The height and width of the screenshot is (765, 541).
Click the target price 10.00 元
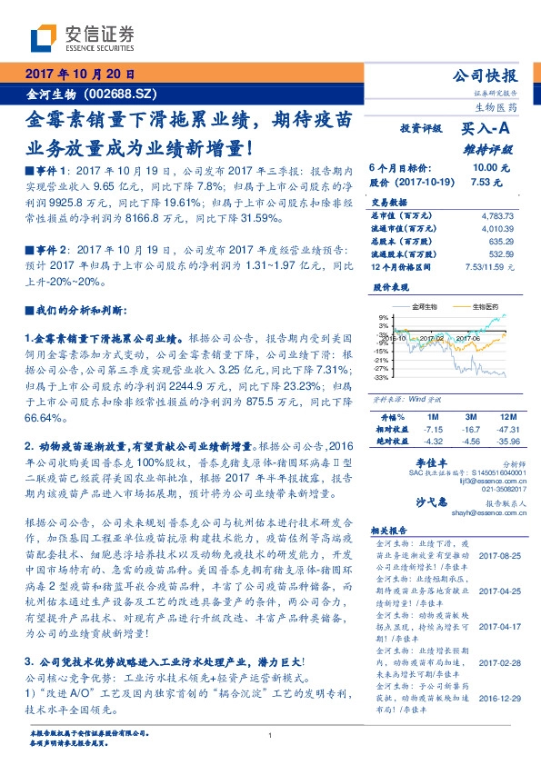pyautogui.click(x=490, y=168)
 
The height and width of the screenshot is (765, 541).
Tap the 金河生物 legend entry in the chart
pyautogui.click(x=425, y=307)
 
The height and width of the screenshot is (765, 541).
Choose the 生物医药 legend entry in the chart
pyautogui.click(x=486, y=307)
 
